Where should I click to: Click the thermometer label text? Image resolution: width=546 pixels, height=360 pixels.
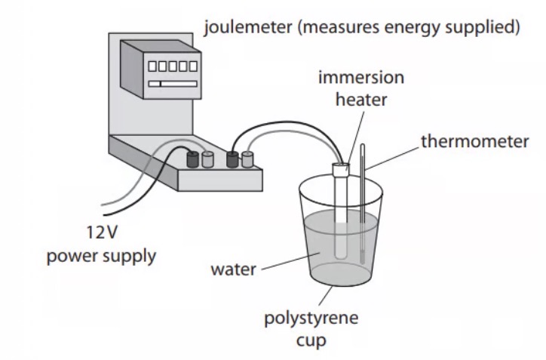tap(474, 142)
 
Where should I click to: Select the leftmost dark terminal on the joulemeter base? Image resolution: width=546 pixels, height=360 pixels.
tap(193, 159)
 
